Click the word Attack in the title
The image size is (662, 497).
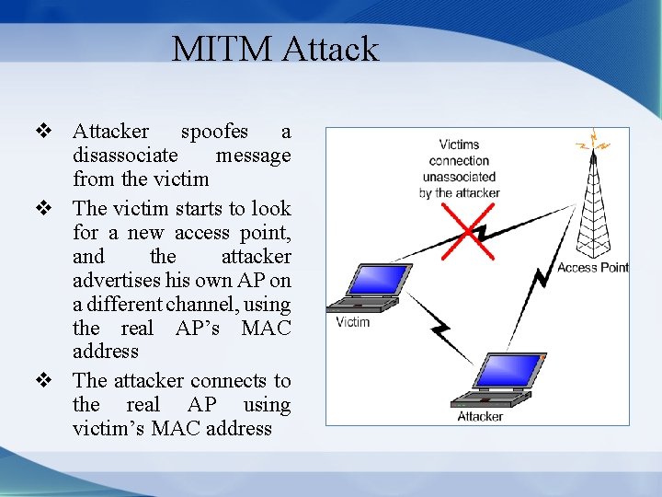click(x=331, y=49)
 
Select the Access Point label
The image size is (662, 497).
click(x=593, y=268)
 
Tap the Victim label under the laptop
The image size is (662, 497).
click(x=352, y=321)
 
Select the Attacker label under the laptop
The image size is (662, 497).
click(x=480, y=416)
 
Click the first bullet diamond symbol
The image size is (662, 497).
click(x=41, y=132)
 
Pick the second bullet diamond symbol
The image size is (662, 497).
click(x=41, y=209)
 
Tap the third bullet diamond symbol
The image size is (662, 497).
click(x=41, y=380)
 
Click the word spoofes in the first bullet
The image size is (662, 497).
click(x=214, y=132)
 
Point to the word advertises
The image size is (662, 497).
click(x=122, y=280)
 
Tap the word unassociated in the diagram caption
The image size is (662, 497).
click(x=460, y=176)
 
